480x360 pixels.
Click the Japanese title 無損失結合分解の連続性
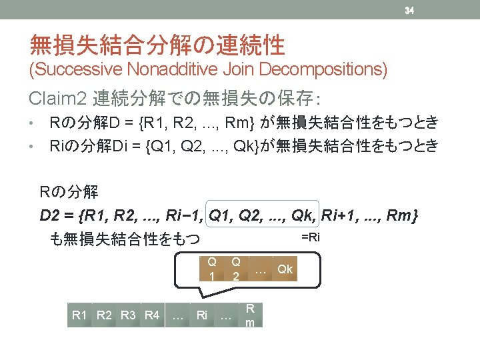coord(157,45)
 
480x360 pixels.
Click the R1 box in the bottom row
coord(79,315)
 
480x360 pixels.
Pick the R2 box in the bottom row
coord(105,315)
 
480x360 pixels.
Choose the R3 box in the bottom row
coord(129,315)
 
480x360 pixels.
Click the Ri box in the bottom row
coord(202,315)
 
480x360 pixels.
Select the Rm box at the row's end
coord(250,315)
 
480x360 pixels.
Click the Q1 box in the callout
coord(211,269)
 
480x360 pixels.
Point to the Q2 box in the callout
coord(235,269)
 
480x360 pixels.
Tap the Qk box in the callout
coord(285,269)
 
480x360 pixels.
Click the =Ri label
coord(311,237)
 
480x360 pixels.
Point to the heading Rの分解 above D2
coord(69,193)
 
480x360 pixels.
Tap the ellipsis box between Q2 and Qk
coord(261,269)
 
